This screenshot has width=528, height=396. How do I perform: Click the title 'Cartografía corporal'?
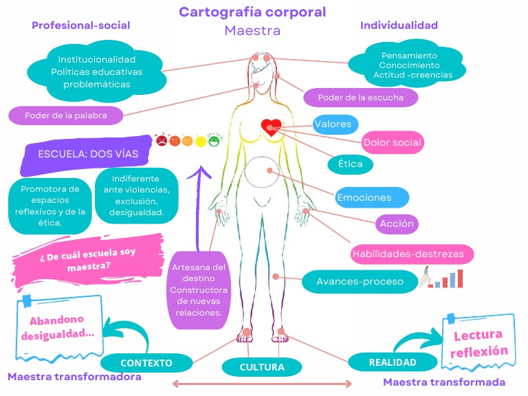click(x=252, y=12)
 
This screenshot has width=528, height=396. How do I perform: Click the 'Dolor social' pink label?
click(x=393, y=142)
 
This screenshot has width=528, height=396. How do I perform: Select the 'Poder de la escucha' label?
click(x=360, y=98)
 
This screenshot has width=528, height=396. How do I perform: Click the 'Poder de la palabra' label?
click(x=66, y=115)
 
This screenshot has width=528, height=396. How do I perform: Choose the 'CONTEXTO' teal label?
click(x=146, y=362)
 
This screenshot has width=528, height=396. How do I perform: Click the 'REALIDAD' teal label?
click(x=393, y=362)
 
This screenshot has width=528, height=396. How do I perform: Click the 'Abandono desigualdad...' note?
click(x=62, y=327)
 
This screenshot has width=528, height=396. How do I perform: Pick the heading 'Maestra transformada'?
click(x=443, y=382)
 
